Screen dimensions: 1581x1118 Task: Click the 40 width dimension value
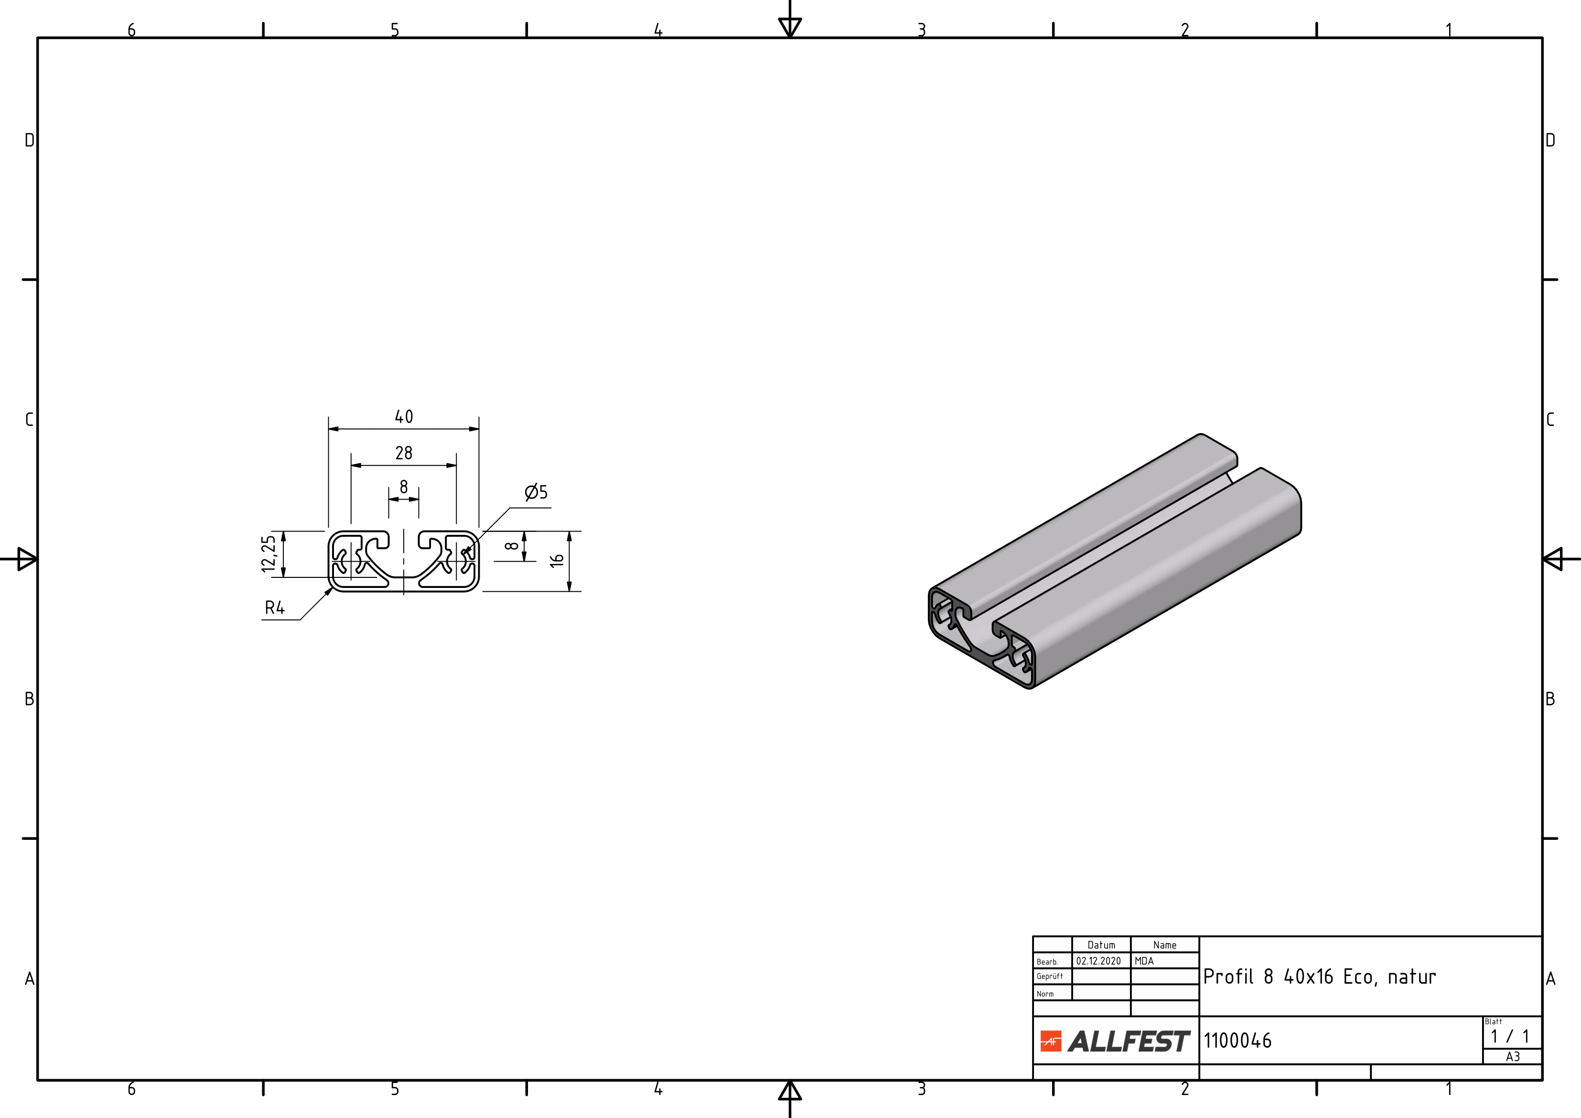(x=404, y=417)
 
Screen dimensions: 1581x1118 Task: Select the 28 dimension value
(x=404, y=453)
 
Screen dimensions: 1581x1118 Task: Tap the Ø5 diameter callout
(x=536, y=492)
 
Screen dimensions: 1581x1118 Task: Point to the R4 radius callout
(x=275, y=608)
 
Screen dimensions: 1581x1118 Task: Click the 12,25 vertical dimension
(x=269, y=554)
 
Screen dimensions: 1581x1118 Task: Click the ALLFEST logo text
(x=1129, y=1042)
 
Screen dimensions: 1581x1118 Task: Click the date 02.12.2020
(x=1098, y=961)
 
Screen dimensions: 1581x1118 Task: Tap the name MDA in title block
(x=1144, y=961)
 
